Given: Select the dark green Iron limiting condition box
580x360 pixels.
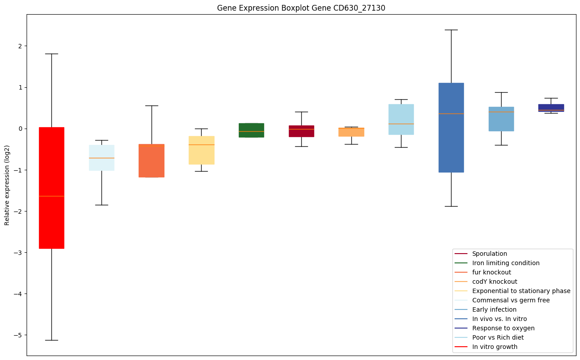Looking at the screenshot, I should click(x=251, y=130).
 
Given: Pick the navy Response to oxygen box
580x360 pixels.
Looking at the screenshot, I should click(x=551, y=107).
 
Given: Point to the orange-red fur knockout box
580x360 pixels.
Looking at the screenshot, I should click(x=152, y=160).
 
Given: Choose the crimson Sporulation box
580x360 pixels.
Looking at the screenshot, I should click(x=301, y=131).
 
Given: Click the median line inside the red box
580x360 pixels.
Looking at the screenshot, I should click(x=51, y=196).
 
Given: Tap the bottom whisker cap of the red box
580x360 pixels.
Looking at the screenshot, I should click(x=51, y=340).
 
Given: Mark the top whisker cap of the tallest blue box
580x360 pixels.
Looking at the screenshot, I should click(x=451, y=30).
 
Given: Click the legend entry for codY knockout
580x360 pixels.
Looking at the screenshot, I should click(x=494, y=282).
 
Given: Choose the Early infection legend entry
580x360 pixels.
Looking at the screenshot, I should click(x=494, y=309).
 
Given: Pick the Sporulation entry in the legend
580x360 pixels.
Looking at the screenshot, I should click(x=489, y=254).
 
